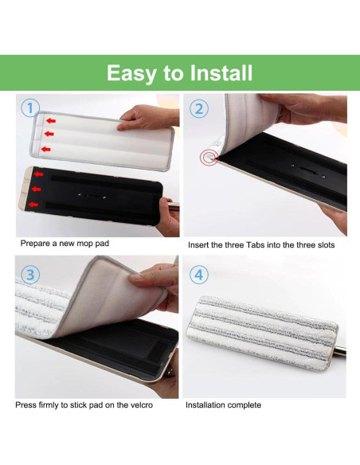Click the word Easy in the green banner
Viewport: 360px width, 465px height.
click(131, 73)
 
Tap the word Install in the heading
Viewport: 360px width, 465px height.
click(221, 73)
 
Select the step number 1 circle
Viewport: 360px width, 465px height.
click(30, 108)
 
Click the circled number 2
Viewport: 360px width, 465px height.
click(199, 108)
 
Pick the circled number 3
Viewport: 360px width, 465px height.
click(30, 275)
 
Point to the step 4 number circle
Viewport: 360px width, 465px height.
click(199, 275)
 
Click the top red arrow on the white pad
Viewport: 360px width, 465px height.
click(50, 120)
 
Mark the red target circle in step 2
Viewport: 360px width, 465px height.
click(209, 158)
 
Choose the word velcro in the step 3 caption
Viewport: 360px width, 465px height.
click(137, 405)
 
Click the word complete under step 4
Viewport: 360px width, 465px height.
click(243, 405)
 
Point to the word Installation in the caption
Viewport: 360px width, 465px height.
click(205, 405)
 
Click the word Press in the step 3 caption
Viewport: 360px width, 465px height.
click(26, 405)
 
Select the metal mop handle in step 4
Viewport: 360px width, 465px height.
click(342, 350)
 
